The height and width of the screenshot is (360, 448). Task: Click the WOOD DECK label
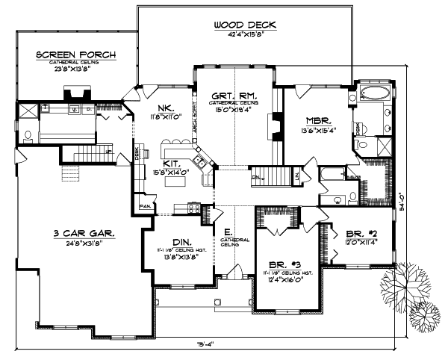(x=245, y=25)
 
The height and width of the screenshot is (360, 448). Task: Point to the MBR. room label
(x=318, y=120)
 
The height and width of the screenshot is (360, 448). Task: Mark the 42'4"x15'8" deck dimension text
(x=245, y=34)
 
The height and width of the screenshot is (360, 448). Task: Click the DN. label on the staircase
(x=256, y=177)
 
